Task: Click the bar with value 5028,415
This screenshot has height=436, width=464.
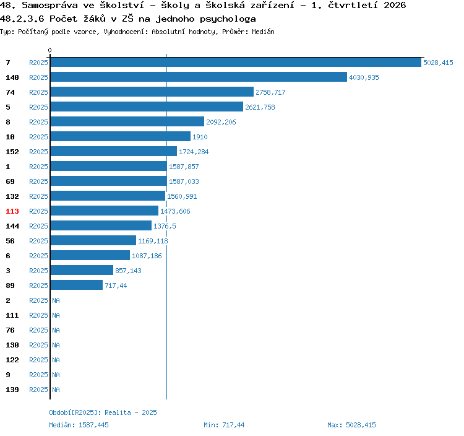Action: [236, 62]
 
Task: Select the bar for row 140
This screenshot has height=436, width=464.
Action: [199, 77]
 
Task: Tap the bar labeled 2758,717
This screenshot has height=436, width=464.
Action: [152, 92]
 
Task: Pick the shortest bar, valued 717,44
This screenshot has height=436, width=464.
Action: [77, 285]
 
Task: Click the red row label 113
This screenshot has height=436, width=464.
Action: [12, 211]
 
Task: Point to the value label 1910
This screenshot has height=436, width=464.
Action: [200, 137]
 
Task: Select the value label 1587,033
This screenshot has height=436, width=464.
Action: [184, 181]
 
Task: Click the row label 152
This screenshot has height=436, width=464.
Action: [12, 152]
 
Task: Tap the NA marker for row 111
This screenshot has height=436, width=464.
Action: [56, 315]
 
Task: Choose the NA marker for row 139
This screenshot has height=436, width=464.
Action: [56, 390]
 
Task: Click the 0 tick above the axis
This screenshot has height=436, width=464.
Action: [49, 50]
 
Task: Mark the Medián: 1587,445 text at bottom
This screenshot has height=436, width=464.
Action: [79, 425]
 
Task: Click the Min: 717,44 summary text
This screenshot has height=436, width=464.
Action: [224, 425]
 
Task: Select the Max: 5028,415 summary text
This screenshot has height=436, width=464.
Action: [351, 425]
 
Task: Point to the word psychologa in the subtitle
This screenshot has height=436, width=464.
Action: [228, 19]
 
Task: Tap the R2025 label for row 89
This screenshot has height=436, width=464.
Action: [38, 286]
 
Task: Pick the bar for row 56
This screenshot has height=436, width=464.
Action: [93, 240]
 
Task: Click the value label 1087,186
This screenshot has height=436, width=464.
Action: [147, 256]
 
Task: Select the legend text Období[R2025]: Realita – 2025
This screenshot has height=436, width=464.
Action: [103, 412]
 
